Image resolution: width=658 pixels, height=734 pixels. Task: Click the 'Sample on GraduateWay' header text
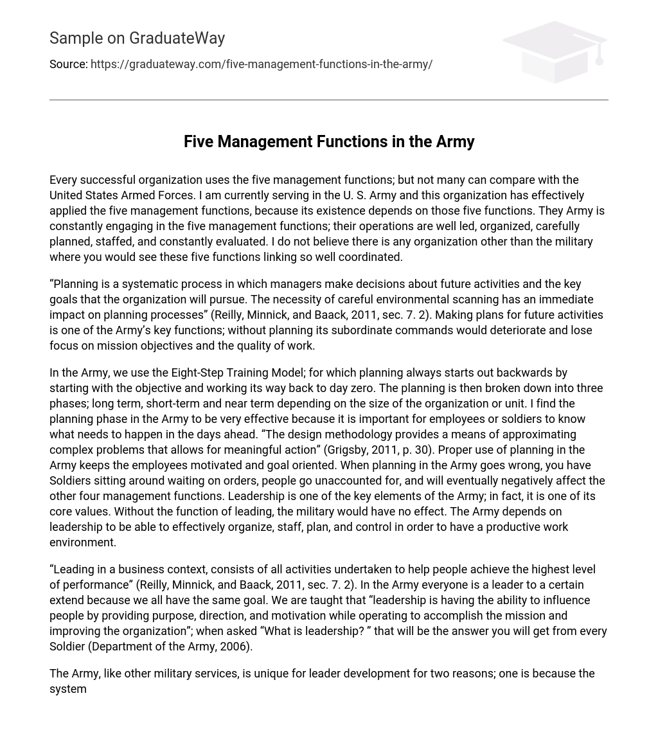(x=137, y=39)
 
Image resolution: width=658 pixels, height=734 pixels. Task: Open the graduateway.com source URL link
(x=261, y=64)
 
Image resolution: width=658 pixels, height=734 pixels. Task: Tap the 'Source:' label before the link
(x=68, y=64)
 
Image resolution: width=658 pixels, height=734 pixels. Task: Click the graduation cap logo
(x=554, y=51)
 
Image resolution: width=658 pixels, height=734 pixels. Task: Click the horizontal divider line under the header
(x=329, y=100)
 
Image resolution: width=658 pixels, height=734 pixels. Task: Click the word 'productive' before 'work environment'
(x=510, y=527)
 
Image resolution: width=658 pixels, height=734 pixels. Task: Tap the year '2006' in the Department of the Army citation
(x=234, y=647)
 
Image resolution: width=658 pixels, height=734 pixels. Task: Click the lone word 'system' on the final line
(x=68, y=689)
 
